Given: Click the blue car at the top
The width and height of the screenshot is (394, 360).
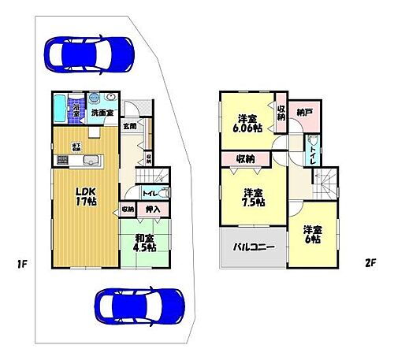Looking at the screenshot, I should pos(89,53).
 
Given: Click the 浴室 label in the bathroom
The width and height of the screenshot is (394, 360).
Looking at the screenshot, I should pos(76,111).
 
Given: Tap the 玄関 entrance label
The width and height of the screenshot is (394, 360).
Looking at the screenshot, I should pos(128,125).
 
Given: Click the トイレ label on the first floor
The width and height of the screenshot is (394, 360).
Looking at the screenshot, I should pos(148,192).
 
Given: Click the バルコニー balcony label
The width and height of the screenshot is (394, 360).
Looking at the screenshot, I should pos(253,247).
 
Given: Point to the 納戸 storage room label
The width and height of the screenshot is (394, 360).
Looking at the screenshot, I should pos(304,113).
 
